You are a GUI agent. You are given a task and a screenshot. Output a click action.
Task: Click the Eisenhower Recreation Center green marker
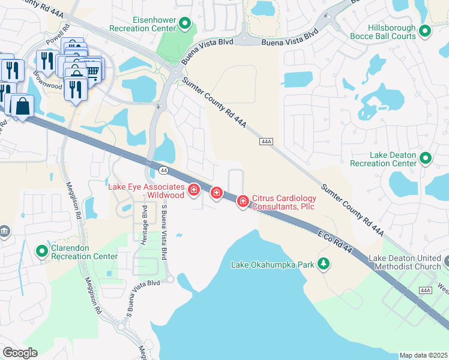tap(185, 25)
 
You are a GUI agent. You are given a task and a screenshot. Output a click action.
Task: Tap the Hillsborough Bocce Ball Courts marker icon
tap(426, 31)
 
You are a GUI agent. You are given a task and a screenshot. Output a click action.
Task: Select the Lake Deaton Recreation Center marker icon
tap(426, 158)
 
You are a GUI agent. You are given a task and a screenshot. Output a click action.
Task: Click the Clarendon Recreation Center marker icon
tap(42, 251)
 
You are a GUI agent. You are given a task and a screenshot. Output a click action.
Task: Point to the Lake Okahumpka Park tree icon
tap(324, 263)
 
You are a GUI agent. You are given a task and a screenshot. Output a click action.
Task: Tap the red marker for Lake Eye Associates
tap(194, 191)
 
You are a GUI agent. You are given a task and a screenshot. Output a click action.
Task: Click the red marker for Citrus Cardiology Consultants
tap(243, 201)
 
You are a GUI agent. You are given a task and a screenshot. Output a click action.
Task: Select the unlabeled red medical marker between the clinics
tap(216, 193)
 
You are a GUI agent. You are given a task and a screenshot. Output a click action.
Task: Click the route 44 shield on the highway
tap(164, 171)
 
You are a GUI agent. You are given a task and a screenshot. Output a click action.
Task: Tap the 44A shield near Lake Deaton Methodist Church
tap(426, 290)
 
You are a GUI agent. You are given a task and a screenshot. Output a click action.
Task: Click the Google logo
tap(20, 353)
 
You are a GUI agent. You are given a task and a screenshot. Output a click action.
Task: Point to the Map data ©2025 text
tap(423, 355)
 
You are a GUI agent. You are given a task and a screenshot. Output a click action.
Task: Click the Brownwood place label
tap(47, 86)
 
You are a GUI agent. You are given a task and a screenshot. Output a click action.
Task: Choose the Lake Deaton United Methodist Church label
tap(405, 263)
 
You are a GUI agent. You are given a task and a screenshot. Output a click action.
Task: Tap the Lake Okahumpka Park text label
tap(273, 264)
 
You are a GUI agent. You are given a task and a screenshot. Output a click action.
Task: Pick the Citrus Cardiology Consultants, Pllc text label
tap(283, 202)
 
